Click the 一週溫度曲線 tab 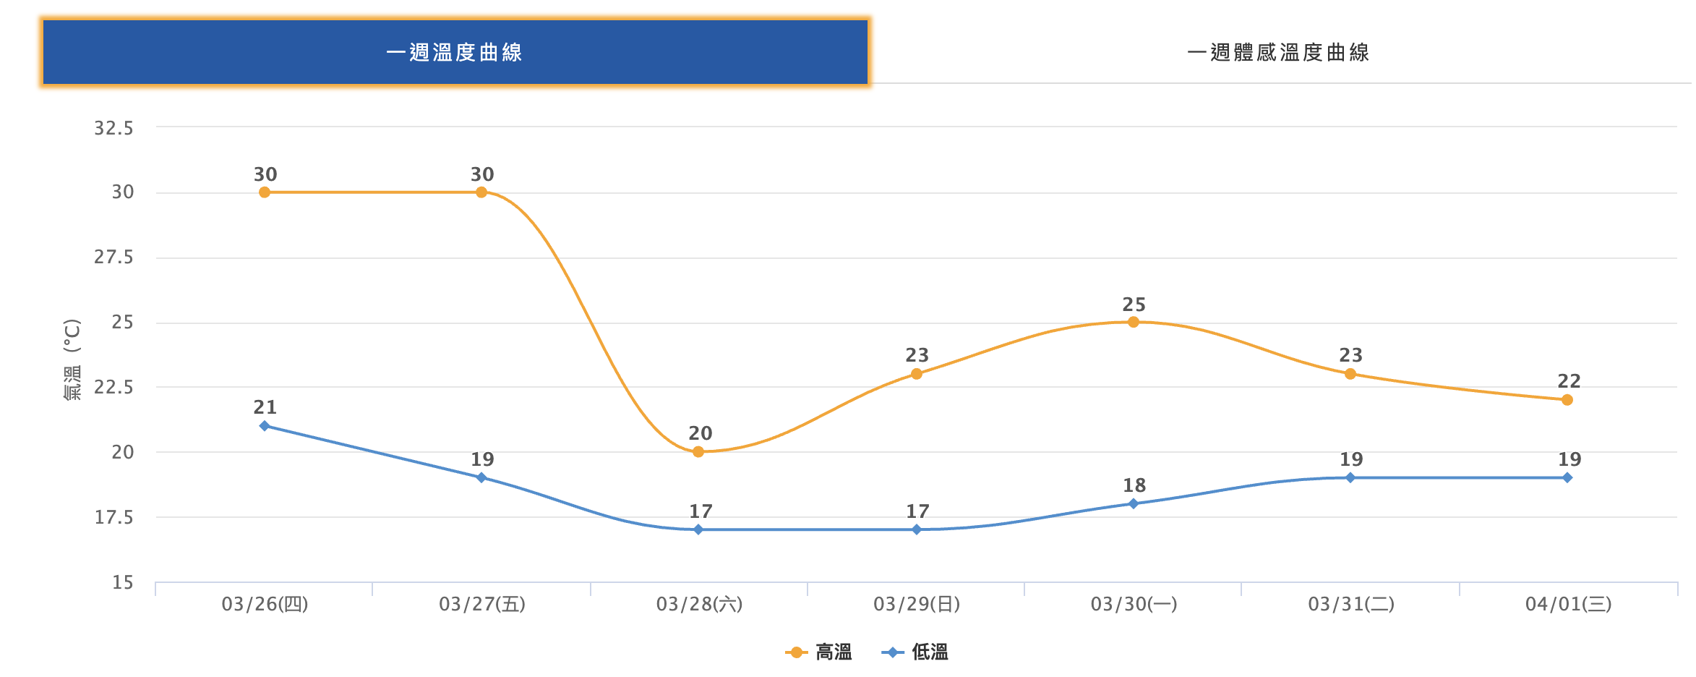coord(455,52)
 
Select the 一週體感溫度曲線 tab coord(1277,52)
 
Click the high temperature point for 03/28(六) coord(698,452)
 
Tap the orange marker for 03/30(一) coord(1134,322)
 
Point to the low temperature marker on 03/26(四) coord(265,426)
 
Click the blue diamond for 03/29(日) coord(917,529)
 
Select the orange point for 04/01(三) coord(1567,400)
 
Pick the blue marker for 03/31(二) coord(1350,477)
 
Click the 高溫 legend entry coord(819,652)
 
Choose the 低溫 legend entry coord(915,652)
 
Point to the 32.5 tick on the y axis coord(114,128)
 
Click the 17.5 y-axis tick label coord(114,517)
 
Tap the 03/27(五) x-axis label coord(482,604)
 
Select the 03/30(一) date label coord(1134,604)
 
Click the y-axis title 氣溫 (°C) coord(72,359)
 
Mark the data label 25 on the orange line coord(1134,305)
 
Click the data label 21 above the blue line coord(265,407)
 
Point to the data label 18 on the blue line coord(1134,485)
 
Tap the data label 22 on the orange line coord(1569,381)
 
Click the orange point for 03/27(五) coord(481,192)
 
